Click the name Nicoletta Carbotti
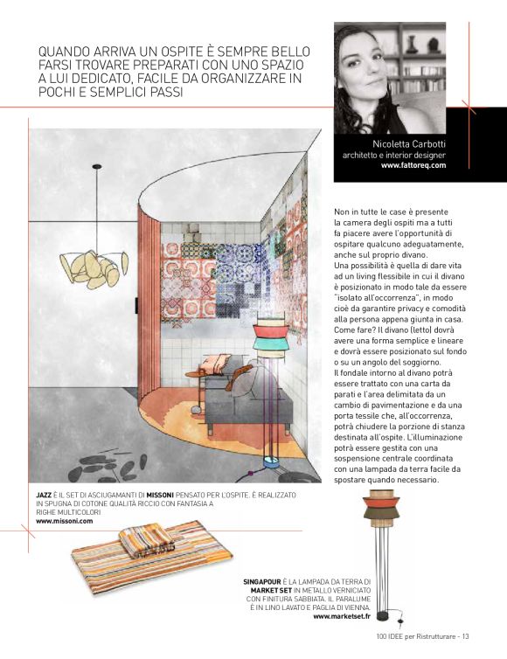click(408, 144)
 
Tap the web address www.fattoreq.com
click(413, 164)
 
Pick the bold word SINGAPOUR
click(261, 581)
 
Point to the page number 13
click(466, 635)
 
